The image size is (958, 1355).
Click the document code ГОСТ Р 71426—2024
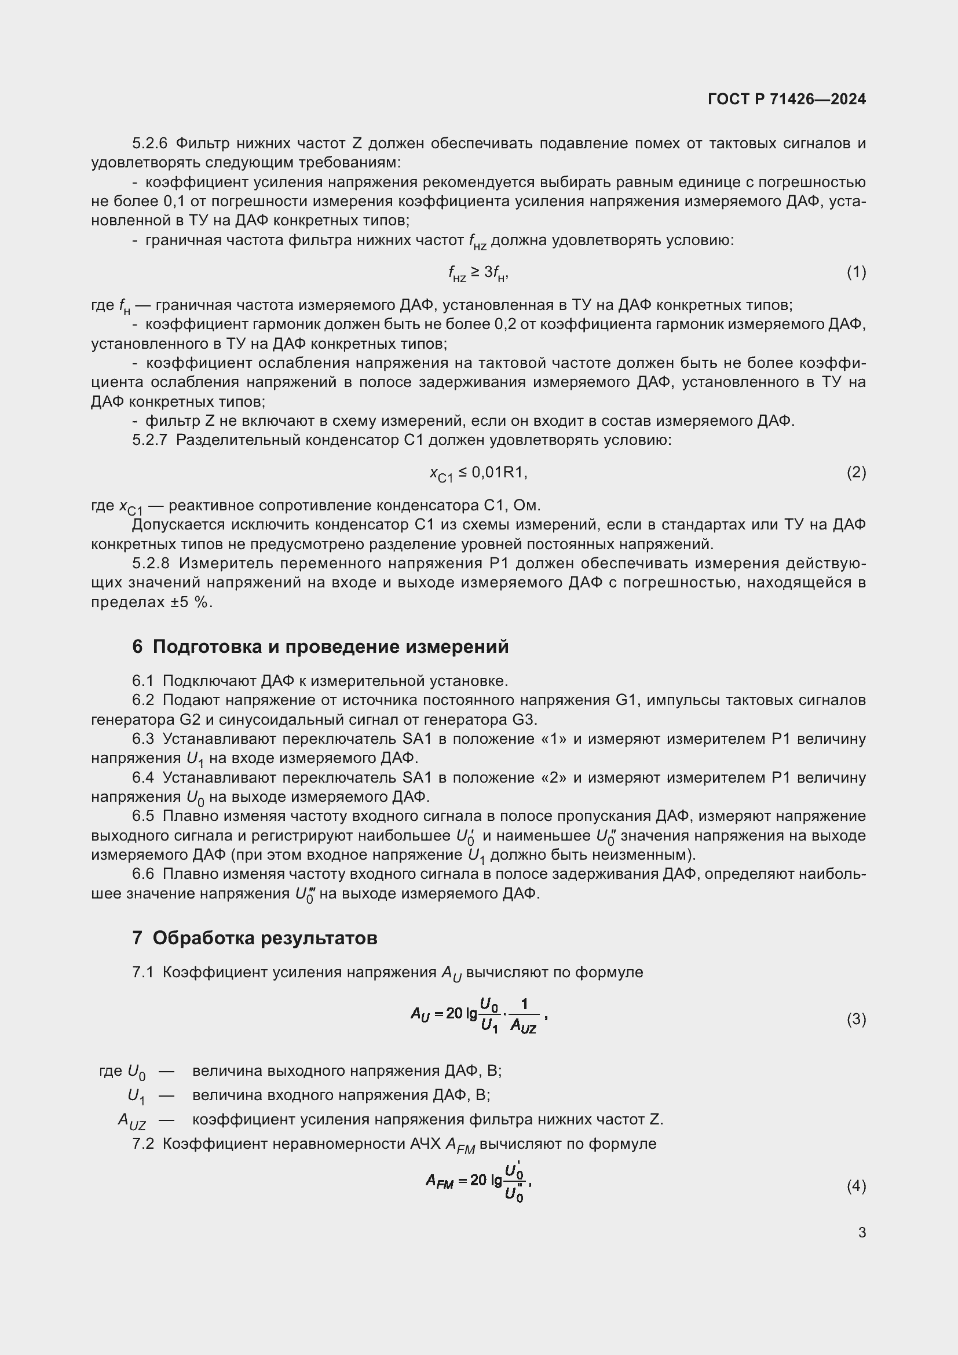[x=787, y=99]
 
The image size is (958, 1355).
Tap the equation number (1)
[x=856, y=272]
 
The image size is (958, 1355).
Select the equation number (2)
[x=856, y=472]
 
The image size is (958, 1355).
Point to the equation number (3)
[x=856, y=1019]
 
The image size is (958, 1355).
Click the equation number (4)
[x=856, y=1186]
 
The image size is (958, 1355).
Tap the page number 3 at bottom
[x=862, y=1233]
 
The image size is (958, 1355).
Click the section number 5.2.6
[x=150, y=144]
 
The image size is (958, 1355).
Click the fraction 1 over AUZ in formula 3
[x=524, y=1017]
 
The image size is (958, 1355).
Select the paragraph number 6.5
[x=142, y=817]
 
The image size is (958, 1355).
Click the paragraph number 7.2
[x=142, y=1144]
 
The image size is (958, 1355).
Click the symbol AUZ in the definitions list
[x=131, y=1121]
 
